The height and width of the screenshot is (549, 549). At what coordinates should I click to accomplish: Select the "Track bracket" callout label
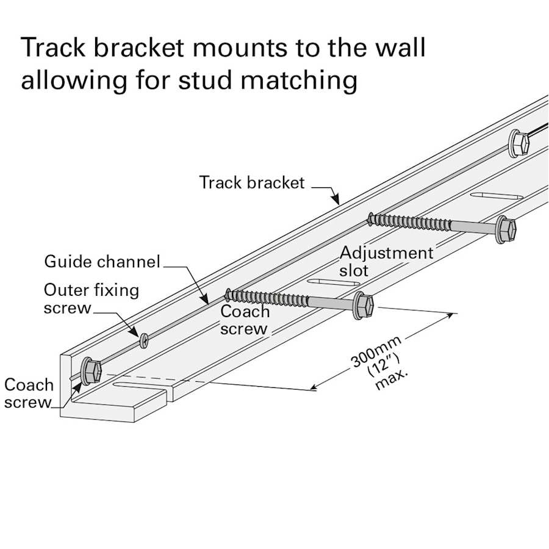251,182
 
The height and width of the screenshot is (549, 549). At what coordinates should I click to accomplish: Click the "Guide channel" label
102,262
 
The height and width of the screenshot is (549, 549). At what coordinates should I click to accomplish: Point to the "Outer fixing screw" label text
91,298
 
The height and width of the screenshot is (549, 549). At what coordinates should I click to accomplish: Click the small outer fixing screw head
144,340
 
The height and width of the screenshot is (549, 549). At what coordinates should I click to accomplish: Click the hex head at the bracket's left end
91,370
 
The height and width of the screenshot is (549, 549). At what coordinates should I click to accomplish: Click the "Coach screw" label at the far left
28,393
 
